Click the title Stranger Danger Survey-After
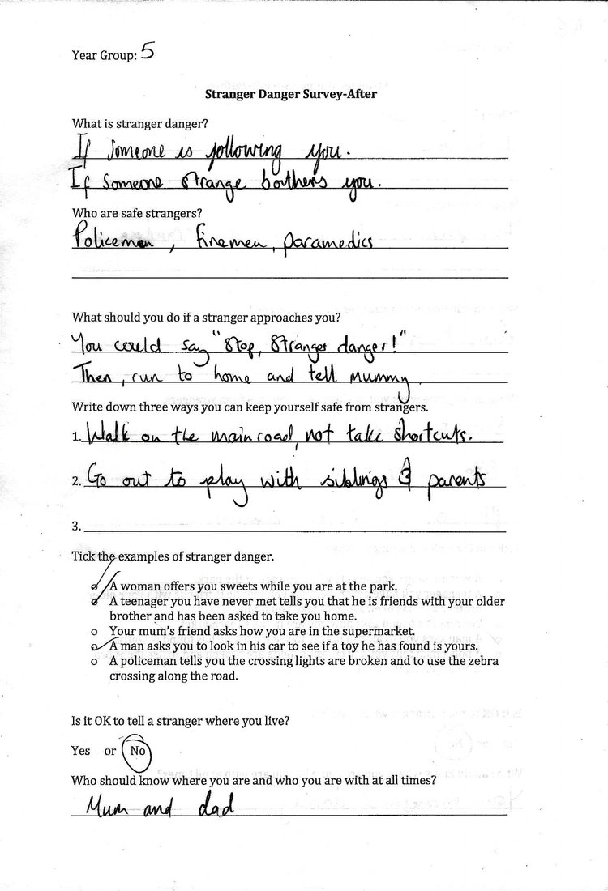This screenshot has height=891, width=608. [290, 94]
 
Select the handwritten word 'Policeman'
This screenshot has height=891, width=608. [105, 240]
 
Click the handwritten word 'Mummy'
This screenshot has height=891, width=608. [382, 377]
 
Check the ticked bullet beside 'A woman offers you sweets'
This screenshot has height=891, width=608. [96, 586]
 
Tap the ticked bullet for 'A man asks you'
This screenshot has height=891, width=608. [96, 646]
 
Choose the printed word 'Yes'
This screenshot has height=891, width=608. [81, 751]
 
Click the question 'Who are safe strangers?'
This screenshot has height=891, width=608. [137, 213]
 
